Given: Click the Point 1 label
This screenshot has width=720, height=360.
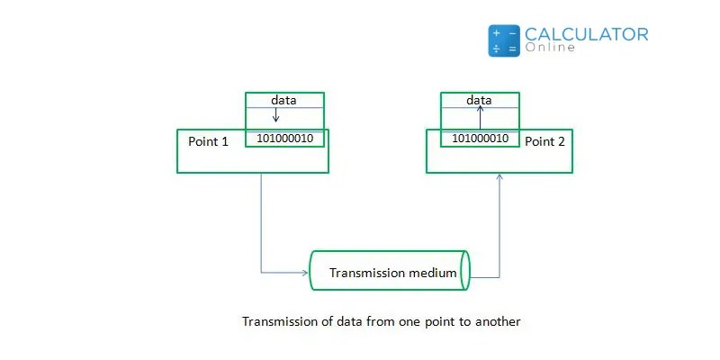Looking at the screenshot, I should [x=209, y=142].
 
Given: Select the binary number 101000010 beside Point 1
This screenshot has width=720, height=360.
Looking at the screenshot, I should [x=285, y=139].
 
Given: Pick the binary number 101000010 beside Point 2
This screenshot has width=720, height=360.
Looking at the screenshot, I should [x=480, y=139].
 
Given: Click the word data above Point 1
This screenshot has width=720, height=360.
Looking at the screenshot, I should [x=283, y=100].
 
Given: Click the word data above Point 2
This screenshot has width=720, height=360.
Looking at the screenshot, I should [x=479, y=100].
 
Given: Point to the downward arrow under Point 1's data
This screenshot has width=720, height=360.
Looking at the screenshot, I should [x=276, y=115].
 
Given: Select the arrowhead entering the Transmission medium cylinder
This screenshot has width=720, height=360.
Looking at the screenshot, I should [x=307, y=271].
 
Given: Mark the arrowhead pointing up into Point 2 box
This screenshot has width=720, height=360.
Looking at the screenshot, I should [x=499, y=177].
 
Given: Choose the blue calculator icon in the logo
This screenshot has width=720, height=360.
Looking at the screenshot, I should [x=504, y=41].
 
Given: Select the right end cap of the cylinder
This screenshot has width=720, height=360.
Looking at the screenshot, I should [x=465, y=271].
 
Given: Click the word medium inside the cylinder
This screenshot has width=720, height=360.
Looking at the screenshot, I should [x=436, y=273].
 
